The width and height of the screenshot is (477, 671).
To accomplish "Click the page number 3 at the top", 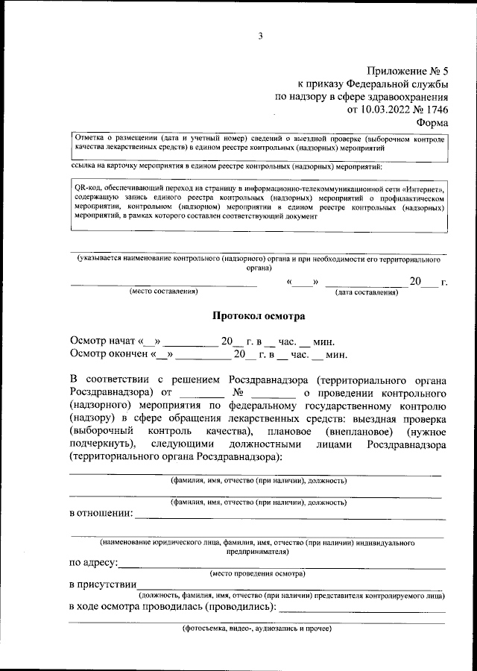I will (x=260, y=36).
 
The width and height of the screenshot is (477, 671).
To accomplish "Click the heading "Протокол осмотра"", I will (x=259, y=316).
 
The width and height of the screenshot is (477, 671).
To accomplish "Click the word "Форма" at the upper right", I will (x=432, y=123).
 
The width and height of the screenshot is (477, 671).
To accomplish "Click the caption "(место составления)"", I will (x=162, y=292).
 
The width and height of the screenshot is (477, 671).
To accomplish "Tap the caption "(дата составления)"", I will (x=366, y=292).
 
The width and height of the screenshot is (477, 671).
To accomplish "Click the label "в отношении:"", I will (x=101, y=513).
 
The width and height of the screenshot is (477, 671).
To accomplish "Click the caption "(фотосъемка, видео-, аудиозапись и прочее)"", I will (x=258, y=629).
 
